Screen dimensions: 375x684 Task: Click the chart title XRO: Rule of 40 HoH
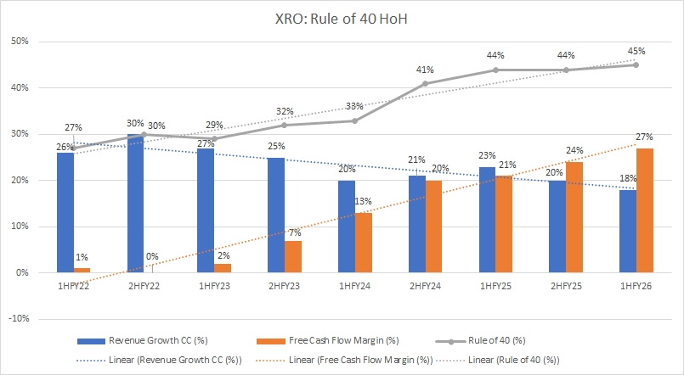tap(342, 16)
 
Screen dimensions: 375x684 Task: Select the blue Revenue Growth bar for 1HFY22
tap(65, 213)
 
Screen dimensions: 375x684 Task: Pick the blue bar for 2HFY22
tap(135, 204)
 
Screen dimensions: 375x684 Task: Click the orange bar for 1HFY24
tap(363, 243)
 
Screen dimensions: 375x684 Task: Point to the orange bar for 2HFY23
tap(293, 256)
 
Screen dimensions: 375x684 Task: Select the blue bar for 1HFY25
tap(487, 220)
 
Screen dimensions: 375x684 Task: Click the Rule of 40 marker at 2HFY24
tap(425, 83)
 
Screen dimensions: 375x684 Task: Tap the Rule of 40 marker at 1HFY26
tap(636, 64)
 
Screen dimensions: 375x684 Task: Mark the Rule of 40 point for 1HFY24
tap(354, 120)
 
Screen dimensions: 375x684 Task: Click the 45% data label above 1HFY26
tap(636, 49)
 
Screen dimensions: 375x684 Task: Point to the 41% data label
tap(425, 69)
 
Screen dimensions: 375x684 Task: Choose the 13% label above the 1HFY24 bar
tap(365, 202)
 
